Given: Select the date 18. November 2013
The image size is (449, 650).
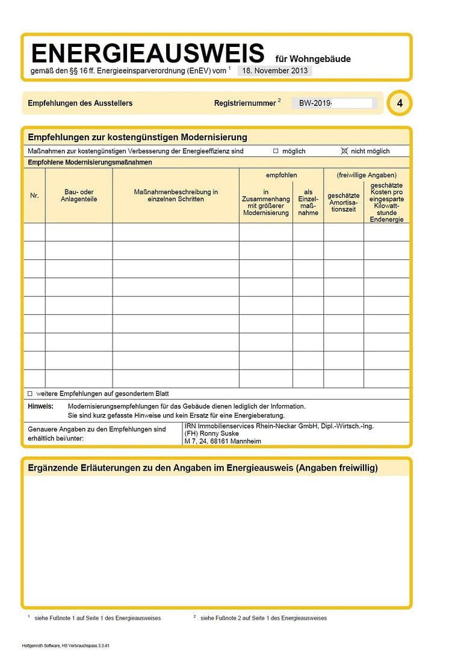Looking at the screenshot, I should [x=274, y=70].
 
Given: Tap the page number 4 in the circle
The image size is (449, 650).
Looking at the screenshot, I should [x=400, y=104].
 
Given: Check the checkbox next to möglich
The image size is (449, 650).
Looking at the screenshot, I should [x=276, y=151].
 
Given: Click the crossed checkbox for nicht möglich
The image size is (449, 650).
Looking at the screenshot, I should [x=344, y=151].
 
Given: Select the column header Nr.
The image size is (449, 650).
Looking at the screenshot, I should [x=34, y=196].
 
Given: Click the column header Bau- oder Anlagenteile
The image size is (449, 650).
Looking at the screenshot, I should [x=79, y=196].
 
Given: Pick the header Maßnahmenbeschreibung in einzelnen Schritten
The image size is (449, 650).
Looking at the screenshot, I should [x=176, y=196].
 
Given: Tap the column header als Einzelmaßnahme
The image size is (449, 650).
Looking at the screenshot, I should [x=308, y=202].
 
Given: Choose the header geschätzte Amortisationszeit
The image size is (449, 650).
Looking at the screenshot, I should [x=344, y=202].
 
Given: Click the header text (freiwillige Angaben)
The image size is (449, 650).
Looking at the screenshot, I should [x=367, y=175].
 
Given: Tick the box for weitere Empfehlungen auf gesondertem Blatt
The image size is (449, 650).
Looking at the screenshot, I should [x=30, y=394].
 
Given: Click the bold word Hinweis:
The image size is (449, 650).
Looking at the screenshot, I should [x=41, y=406].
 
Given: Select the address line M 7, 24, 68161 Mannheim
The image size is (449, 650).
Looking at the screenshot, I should [x=223, y=441].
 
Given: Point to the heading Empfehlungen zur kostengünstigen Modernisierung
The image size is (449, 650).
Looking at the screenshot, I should [x=137, y=137].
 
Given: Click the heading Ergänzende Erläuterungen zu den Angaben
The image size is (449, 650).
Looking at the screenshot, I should [x=203, y=468].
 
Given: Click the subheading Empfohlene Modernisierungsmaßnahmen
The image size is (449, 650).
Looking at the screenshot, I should [x=90, y=162].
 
